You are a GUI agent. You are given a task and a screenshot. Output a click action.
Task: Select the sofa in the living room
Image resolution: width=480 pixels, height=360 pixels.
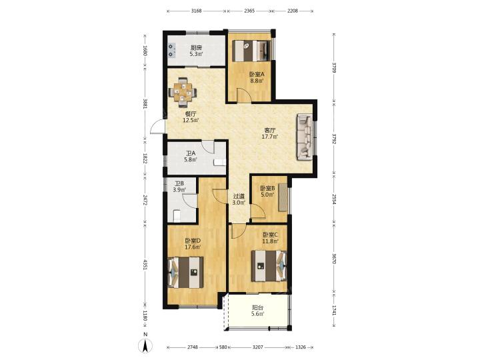click(305, 137)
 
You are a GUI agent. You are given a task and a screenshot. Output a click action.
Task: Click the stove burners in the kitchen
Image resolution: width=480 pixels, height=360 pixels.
click(171, 51)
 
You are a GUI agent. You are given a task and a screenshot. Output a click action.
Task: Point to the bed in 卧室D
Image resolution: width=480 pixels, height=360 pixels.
click(185, 272)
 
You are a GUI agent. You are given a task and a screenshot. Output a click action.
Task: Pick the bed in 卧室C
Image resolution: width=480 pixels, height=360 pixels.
click(269, 266)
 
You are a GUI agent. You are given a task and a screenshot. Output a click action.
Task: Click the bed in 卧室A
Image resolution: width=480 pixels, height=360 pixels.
click(251, 51)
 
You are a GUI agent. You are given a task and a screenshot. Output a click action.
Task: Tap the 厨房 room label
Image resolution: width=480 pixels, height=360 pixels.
click(196, 47)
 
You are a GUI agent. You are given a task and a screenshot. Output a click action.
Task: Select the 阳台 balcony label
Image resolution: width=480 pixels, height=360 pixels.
click(257, 307)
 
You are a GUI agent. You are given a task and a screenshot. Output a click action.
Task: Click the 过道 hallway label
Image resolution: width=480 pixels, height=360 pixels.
click(239, 196)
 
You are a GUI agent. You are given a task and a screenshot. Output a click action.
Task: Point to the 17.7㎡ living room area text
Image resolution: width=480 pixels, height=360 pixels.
click(270, 137)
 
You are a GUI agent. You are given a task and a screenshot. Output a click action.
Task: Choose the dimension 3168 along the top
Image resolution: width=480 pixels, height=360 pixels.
click(196, 11)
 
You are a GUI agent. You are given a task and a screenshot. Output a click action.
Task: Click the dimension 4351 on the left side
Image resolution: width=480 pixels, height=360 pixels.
click(145, 265)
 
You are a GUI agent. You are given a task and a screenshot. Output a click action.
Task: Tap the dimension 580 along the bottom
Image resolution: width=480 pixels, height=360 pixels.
click(223, 347)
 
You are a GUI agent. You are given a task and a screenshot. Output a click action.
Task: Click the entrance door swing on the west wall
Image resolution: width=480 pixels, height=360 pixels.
click(157, 126)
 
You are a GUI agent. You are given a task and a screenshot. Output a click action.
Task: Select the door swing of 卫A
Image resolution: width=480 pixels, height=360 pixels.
click(207, 146)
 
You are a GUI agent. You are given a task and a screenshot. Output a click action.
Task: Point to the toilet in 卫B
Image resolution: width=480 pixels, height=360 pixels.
click(177, 215)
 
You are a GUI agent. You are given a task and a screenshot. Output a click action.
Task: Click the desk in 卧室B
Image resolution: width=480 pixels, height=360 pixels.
click(283, 197)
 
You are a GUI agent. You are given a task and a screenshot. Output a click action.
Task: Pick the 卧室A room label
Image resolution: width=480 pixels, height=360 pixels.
click(256, 74)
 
